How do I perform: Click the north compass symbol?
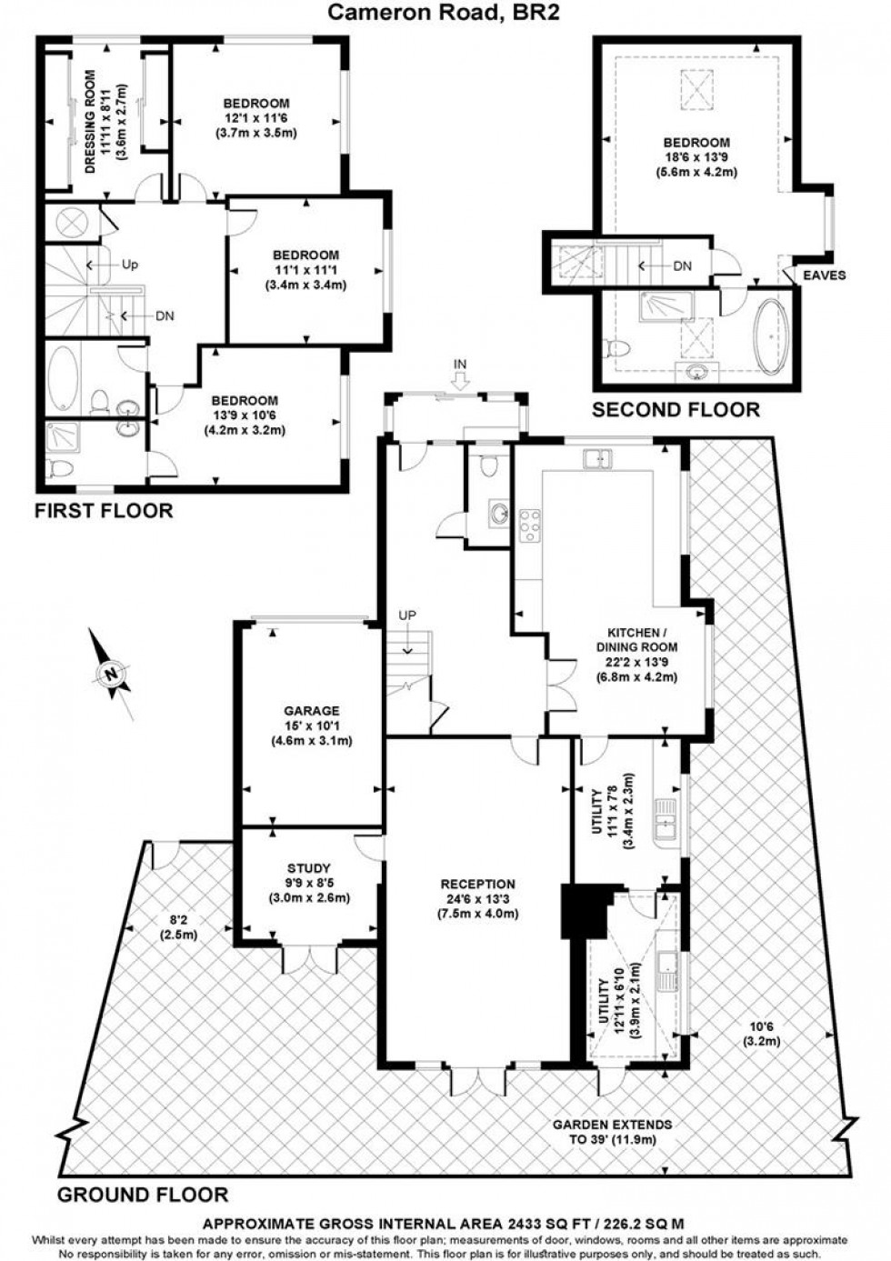coord(111,674)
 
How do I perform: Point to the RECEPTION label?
coord(477,884)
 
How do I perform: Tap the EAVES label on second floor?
coord(824,275)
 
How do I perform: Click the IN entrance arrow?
coord(460,375)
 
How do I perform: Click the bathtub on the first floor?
coord(63,377)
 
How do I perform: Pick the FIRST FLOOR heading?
coord(104,511)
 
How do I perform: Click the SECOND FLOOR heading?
coord(676,410)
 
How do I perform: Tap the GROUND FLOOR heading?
coord(143,1194)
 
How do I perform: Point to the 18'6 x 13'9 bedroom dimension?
coord(696,156)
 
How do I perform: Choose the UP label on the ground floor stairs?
coord(406,615)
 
